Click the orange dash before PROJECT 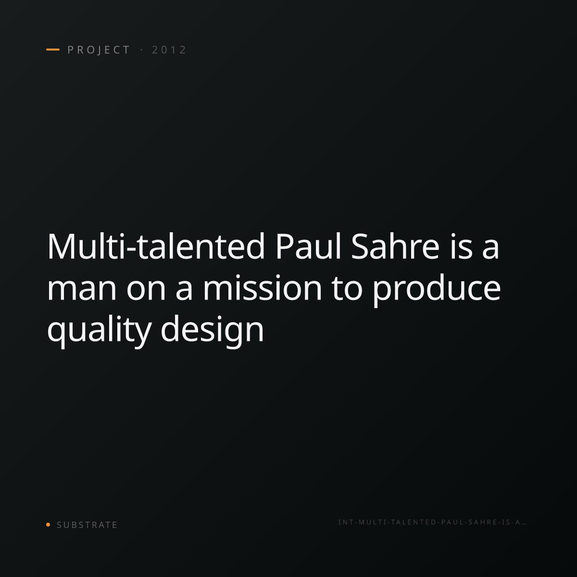click(x=53, y=50)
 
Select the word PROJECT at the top click(x=99, y=50)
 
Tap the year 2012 click(x=169, y=50)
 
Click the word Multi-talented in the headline click(x=156, y=247)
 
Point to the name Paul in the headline click(x=308, y=247)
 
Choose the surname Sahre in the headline click(x=395, y=247)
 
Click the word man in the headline click(x=82, y=289)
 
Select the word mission click(x=263, y=288)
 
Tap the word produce click(x=437, y=290)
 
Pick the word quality click(x=99, y=330)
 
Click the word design click(x=213, y=330)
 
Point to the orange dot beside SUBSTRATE click(x=48, y=524)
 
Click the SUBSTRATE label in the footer click(x=87, y=525)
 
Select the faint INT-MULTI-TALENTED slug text click(x=432, y=522)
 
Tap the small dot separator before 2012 click(x=141, y=50)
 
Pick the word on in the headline click(x=146, y=289)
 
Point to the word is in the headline click(x=461, y=247)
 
